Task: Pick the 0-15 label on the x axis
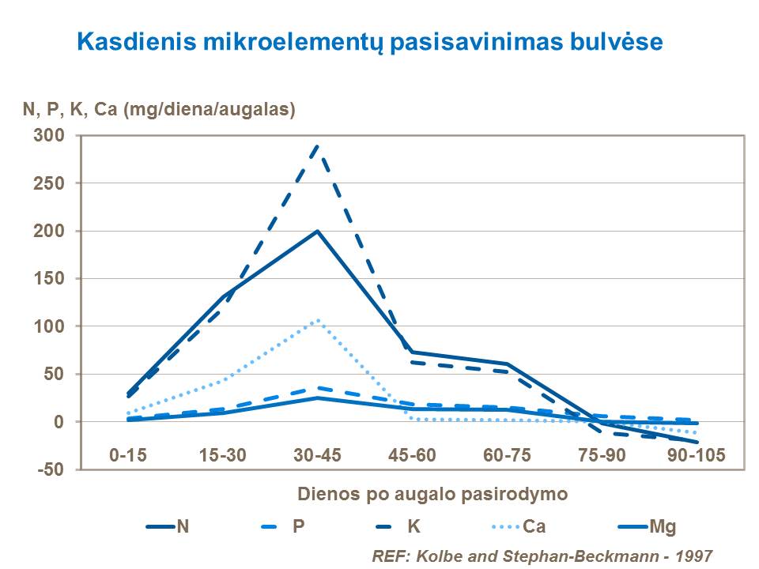[x=128, y=454]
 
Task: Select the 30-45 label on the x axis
[x=318, y=454]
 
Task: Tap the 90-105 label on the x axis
[x=697, y=454]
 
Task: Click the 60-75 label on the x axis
[x=508, y=454]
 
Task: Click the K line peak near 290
[x=318, y=145]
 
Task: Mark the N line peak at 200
[x=318, y=232]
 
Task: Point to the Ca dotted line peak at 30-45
[x=318, y=320]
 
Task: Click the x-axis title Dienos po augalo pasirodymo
[x=432, y=495]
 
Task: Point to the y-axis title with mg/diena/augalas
[x=158, y=110]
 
